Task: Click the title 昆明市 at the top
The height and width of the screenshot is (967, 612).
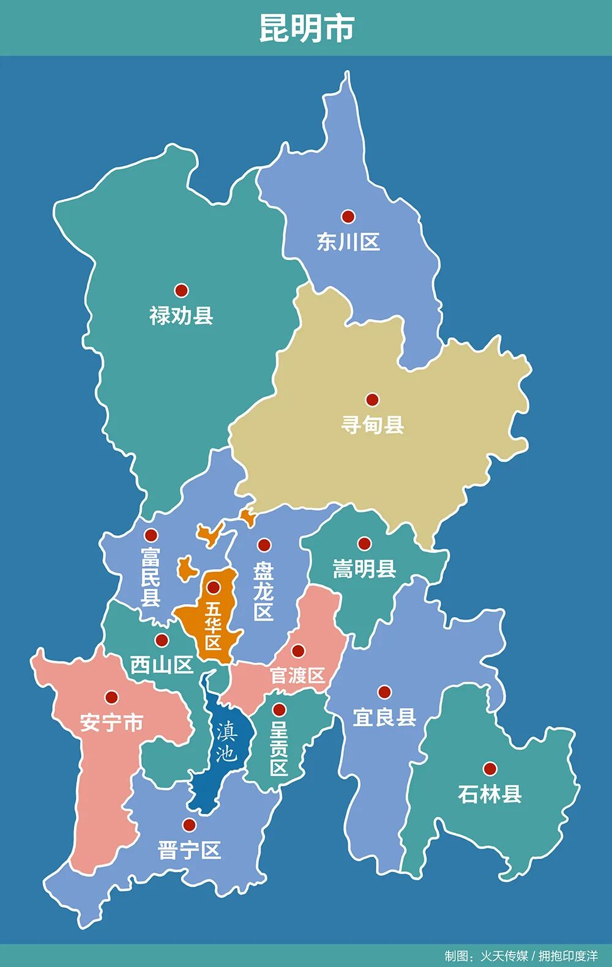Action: click(307, 28)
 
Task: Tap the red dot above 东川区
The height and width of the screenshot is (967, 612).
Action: click(348, 216)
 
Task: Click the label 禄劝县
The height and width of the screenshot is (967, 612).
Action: click(181, 316)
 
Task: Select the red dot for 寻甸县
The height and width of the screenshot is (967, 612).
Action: click(372, 399)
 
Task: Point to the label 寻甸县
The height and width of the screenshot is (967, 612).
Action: click(373, 424)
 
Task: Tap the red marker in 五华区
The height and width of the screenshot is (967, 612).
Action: click(213, 588)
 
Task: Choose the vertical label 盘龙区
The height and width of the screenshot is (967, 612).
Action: click(264, 591)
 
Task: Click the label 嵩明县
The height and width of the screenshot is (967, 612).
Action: click(364, 569)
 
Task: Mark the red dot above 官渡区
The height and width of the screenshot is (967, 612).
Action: click(298, 651)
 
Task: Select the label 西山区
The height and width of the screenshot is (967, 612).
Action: click(162, 665)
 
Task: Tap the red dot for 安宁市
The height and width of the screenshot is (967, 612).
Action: click(111, 697)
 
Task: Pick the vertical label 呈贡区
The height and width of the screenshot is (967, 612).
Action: click(279, 748)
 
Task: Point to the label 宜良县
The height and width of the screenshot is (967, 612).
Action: click(384, 717)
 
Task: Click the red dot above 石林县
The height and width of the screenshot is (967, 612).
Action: click(490, 769)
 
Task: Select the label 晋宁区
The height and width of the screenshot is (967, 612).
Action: click(189, 850)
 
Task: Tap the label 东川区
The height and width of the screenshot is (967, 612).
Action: click(348, 242)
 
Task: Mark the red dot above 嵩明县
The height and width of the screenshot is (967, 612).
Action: click(364, 543)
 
